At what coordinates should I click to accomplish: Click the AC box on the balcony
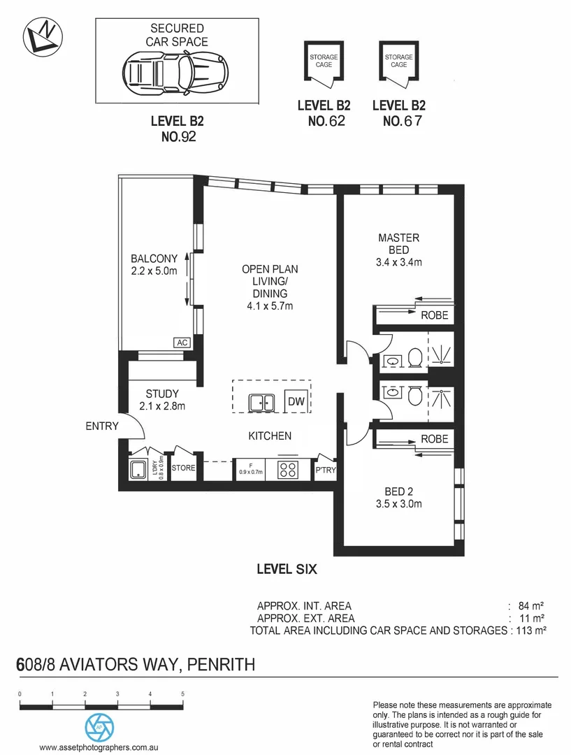[182, 343]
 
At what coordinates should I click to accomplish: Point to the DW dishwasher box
[296, 402]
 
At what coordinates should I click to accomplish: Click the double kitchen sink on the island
[263, 403]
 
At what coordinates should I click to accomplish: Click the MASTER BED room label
[399, 244]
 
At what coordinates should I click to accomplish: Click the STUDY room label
[162, 394]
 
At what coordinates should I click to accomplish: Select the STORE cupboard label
[184, 468]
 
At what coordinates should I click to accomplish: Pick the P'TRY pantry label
[326, 470]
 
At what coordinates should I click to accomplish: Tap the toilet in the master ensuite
[413, 359]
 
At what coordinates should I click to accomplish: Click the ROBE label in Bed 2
[434, 438]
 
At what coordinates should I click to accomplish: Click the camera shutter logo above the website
[99, 728]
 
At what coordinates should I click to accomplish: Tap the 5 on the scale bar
[182, 694]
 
